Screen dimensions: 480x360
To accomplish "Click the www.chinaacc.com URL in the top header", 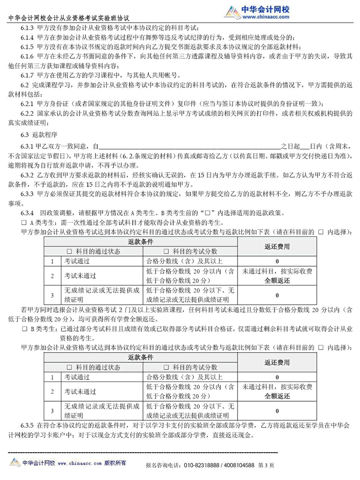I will click(266, 17).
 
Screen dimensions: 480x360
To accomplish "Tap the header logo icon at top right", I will click(233, 12).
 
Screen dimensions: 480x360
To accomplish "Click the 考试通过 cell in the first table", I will click(77, 261).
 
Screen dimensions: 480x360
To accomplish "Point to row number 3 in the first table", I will click(52, 295).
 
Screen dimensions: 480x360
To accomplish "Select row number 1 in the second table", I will click(52, 377).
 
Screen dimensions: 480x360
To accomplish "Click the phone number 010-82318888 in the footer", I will click(204, 465).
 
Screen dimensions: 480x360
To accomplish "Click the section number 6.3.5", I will click(27, 425).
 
